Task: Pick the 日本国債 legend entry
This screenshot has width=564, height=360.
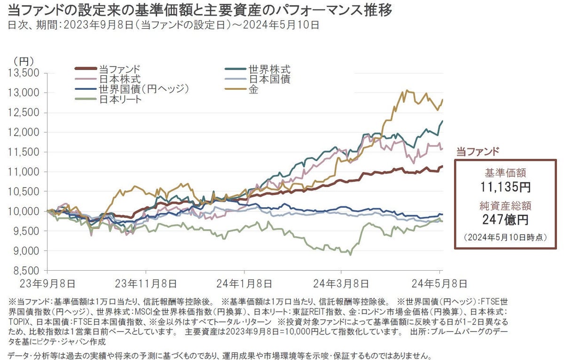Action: point(269,79)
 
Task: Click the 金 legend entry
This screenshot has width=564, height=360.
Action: point(253,89)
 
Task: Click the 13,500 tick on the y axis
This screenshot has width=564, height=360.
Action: point(23,73)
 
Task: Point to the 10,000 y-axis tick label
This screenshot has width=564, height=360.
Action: point(23,211)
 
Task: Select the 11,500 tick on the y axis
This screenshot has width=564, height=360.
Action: point(23,152)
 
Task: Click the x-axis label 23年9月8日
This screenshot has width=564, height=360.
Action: point(47,283)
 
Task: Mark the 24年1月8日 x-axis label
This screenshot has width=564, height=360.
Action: point(244,283)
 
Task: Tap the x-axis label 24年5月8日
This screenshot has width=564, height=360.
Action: point(440,283)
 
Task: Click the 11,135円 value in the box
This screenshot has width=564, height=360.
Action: point(506,187)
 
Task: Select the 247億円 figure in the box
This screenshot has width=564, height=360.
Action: point(506,219)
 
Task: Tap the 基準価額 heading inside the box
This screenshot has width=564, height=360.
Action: point(506,172)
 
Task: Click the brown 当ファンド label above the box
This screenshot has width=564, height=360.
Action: point(478,151)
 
